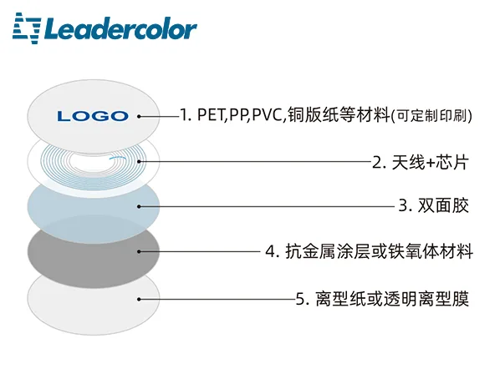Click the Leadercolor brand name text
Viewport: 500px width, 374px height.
point(120,29)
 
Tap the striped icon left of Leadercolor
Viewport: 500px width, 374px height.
point(27,28)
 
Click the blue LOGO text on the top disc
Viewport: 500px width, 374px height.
point(93,116)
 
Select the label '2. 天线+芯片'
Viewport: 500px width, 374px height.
point(421,162)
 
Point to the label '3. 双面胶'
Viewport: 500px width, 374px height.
point(434,205)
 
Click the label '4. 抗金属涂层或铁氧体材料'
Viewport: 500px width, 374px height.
point(369,251)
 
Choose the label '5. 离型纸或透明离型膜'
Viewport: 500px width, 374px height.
point(383,299)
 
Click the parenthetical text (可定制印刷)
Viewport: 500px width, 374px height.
point(431,115)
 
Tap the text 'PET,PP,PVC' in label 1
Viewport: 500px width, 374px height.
point(241,115)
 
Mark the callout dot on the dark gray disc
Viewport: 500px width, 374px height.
point(139,252)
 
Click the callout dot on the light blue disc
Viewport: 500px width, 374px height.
point(139,206)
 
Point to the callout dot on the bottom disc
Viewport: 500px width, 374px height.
point(139,299)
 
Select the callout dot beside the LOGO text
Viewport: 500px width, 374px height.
point(139,117)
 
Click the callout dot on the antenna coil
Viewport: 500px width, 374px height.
point(139,161)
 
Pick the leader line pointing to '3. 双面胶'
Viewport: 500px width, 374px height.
point(268,206)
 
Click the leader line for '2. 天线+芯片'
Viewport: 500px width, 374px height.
point(255,161)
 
